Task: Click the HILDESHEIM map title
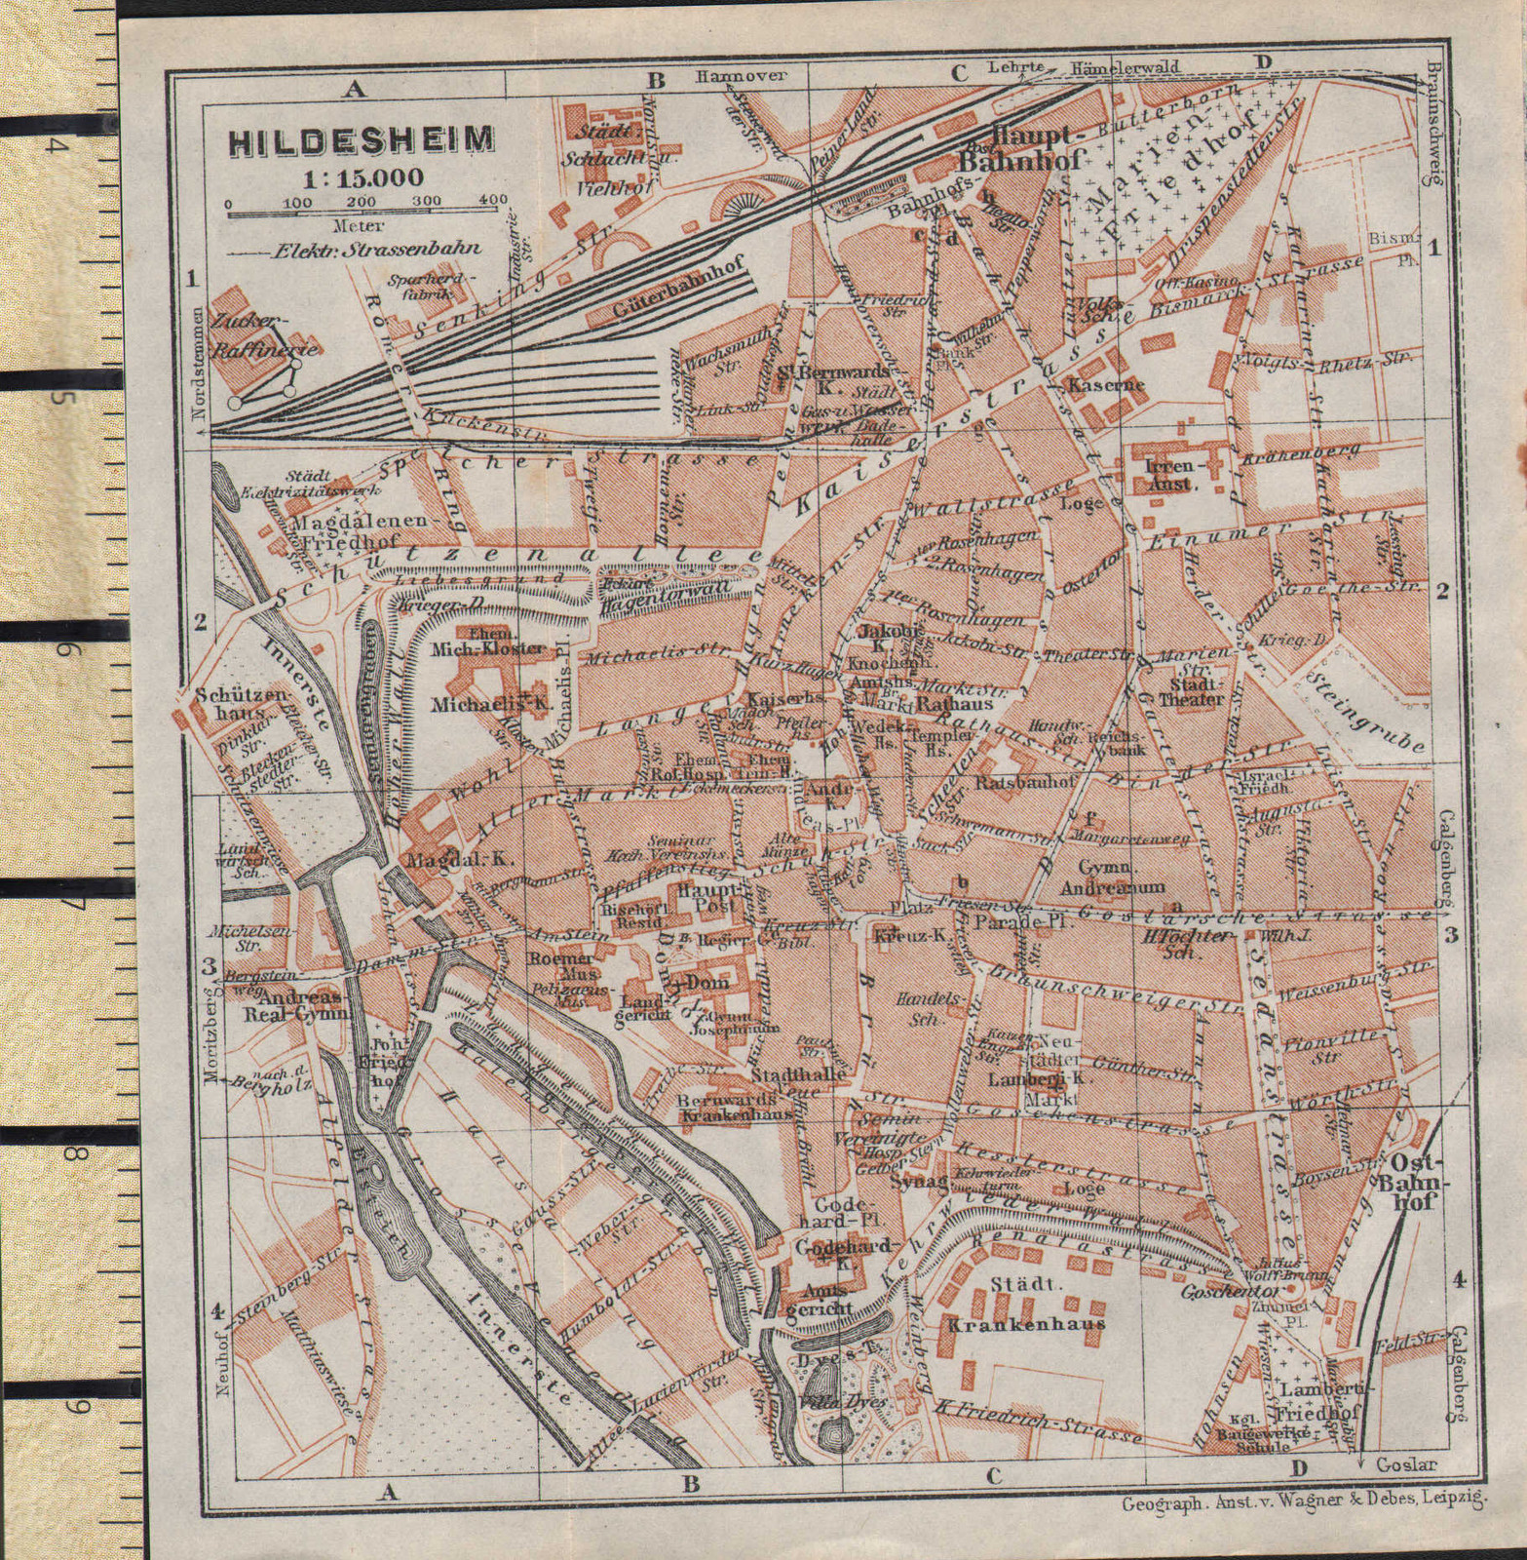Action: [x=361, y=142]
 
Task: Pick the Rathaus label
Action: [x=954, y=702]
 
